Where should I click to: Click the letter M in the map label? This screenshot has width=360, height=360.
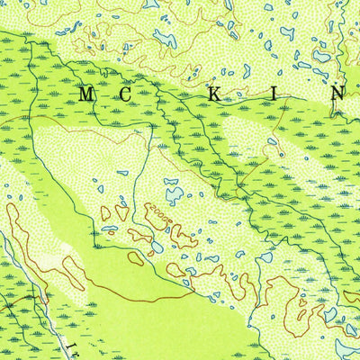click(86, 94)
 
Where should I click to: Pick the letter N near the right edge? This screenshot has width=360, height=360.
click(335, 94)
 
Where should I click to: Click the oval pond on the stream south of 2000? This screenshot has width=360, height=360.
click(157, 245)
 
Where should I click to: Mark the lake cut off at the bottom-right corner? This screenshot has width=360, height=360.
click(349, 347)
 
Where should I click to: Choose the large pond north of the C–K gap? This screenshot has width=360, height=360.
click(166, 38)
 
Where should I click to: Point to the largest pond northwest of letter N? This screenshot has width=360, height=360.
click(320, 56)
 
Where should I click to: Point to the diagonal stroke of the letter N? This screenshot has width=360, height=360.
click(335, 94)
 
